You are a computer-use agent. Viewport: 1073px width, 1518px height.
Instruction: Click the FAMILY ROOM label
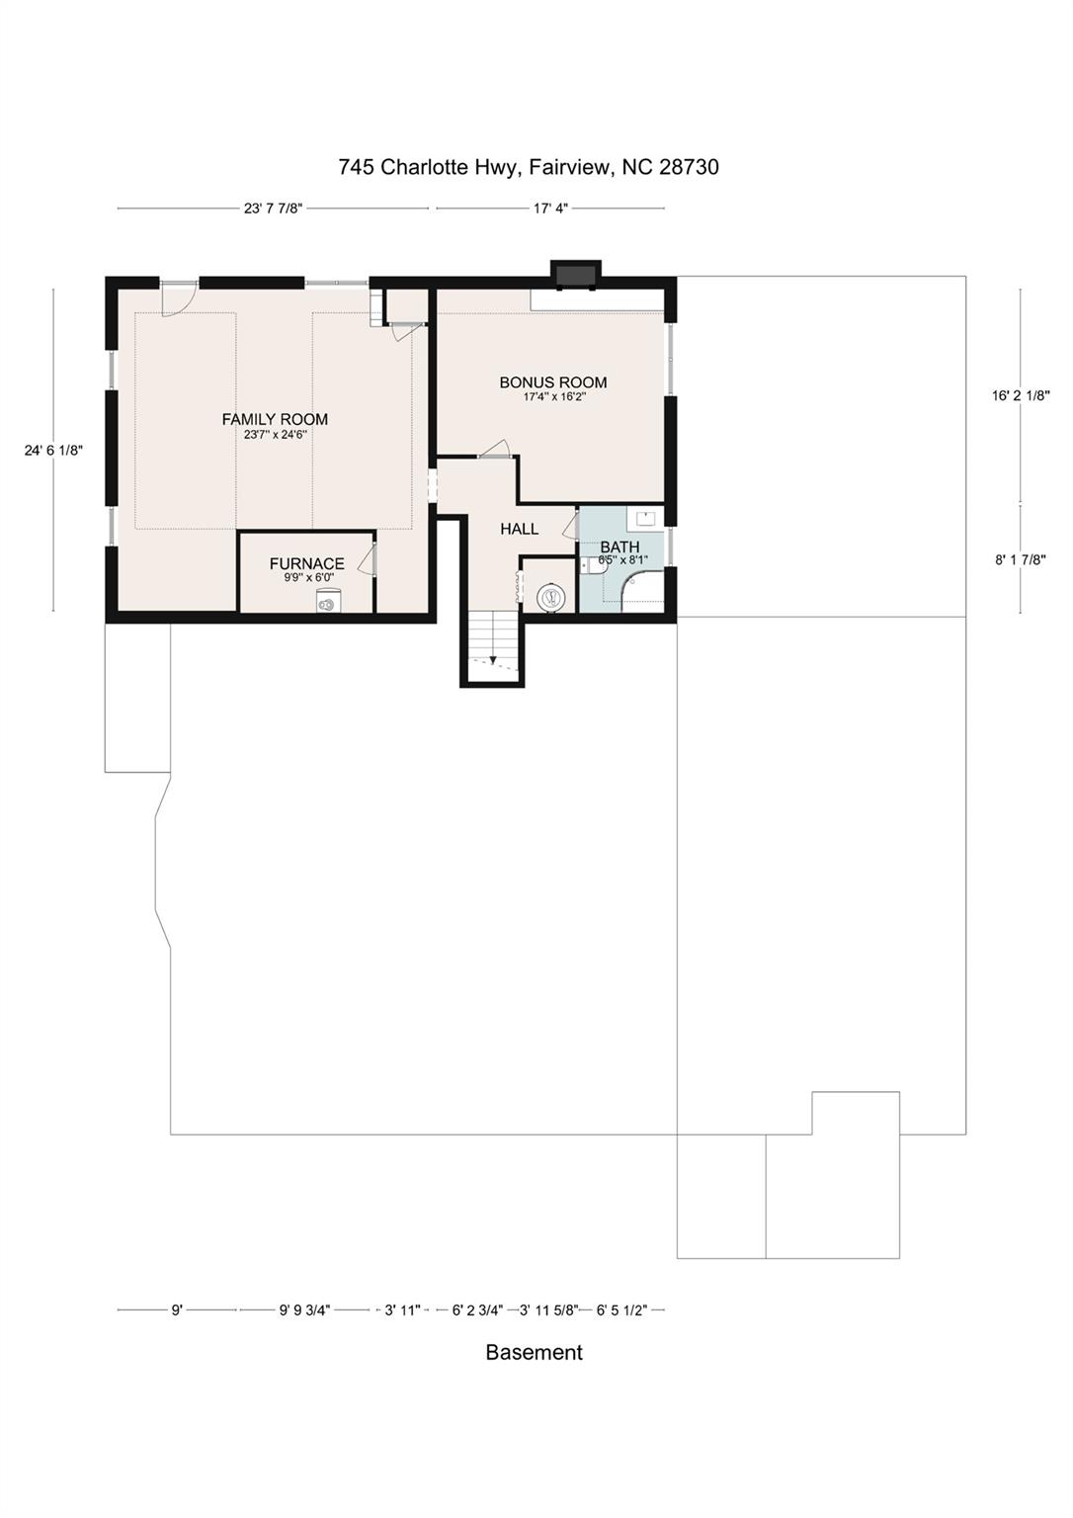(x=275, y=419)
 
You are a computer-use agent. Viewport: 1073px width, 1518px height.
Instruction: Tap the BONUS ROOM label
(x=552, y=382)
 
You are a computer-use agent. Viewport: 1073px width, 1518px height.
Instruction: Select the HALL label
(x=520, y=529)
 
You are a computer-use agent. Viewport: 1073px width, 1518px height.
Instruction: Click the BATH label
(x=619, y=547)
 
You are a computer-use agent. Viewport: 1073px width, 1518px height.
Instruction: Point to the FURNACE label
(x=307, y=563)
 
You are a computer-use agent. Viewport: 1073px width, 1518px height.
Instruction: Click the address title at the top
(x=529, y=167)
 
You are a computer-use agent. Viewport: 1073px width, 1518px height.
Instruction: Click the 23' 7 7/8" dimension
(x=273, y=209)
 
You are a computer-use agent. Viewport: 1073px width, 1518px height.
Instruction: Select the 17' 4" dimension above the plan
(x=550, y=209)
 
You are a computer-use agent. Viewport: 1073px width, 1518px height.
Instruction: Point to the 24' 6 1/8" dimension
(x=53, y=451)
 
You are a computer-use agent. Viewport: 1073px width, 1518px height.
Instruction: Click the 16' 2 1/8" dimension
(x=1021, y=395)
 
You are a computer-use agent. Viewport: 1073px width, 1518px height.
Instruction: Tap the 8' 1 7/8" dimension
(x=1021, y=559)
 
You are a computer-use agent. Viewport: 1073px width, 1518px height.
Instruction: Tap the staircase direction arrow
(x=493, y=659)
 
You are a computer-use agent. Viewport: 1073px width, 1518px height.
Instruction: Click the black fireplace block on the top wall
(x=576, y=274)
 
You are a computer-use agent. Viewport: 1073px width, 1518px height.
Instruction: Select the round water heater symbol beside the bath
(x=549, y=596)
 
